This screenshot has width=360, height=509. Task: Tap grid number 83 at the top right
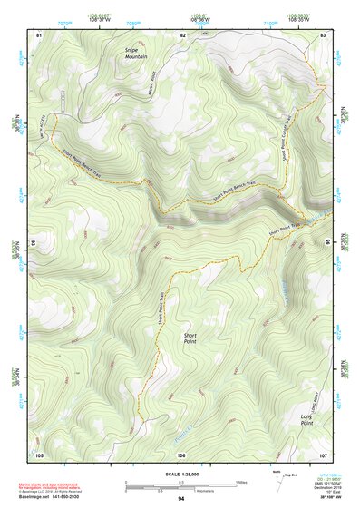click(323, 34)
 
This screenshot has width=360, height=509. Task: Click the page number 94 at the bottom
click(181, 499)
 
